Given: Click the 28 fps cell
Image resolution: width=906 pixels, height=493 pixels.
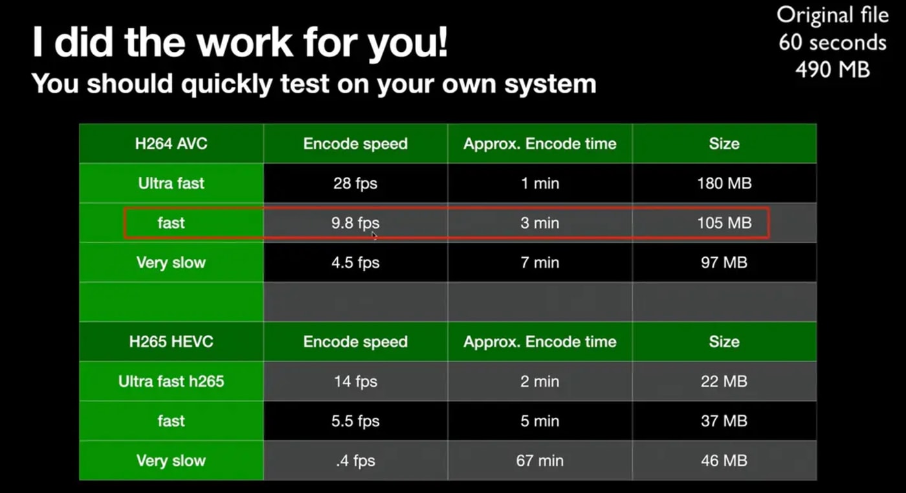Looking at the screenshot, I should [355, 183].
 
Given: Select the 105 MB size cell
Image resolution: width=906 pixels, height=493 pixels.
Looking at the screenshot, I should [724, 223].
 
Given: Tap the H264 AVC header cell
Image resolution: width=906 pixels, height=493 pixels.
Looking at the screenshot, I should [171, 143].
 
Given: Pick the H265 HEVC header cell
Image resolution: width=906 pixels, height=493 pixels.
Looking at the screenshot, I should [171, 341].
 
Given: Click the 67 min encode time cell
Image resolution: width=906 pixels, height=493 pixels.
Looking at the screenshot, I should [540, 461].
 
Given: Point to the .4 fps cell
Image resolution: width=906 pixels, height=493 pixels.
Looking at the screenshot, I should [355, 461].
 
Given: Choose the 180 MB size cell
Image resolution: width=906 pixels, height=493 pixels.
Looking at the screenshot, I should [724, 183].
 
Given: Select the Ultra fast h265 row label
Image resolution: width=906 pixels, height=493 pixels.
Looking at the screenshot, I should [171, 381].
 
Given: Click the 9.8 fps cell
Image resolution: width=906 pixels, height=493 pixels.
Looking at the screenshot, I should [355, 223].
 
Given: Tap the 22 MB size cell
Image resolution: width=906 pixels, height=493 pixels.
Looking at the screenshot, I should [724, 381].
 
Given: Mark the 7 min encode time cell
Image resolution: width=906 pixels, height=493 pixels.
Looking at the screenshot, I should [540, 262].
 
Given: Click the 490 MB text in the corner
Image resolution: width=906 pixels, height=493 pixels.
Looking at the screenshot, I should [832, 69].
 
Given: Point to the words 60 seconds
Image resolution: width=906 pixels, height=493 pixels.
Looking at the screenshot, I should [832, 42].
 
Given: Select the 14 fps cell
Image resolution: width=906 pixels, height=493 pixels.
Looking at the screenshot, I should [355, 381].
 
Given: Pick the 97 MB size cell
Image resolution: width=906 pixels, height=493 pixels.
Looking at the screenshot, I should [724, 262].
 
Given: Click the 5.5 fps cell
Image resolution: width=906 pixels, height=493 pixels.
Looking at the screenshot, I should [355, 420].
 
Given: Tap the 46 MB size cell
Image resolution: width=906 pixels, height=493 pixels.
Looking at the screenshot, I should [724, 461].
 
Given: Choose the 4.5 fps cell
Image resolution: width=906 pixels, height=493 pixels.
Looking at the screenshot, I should [355, 262].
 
